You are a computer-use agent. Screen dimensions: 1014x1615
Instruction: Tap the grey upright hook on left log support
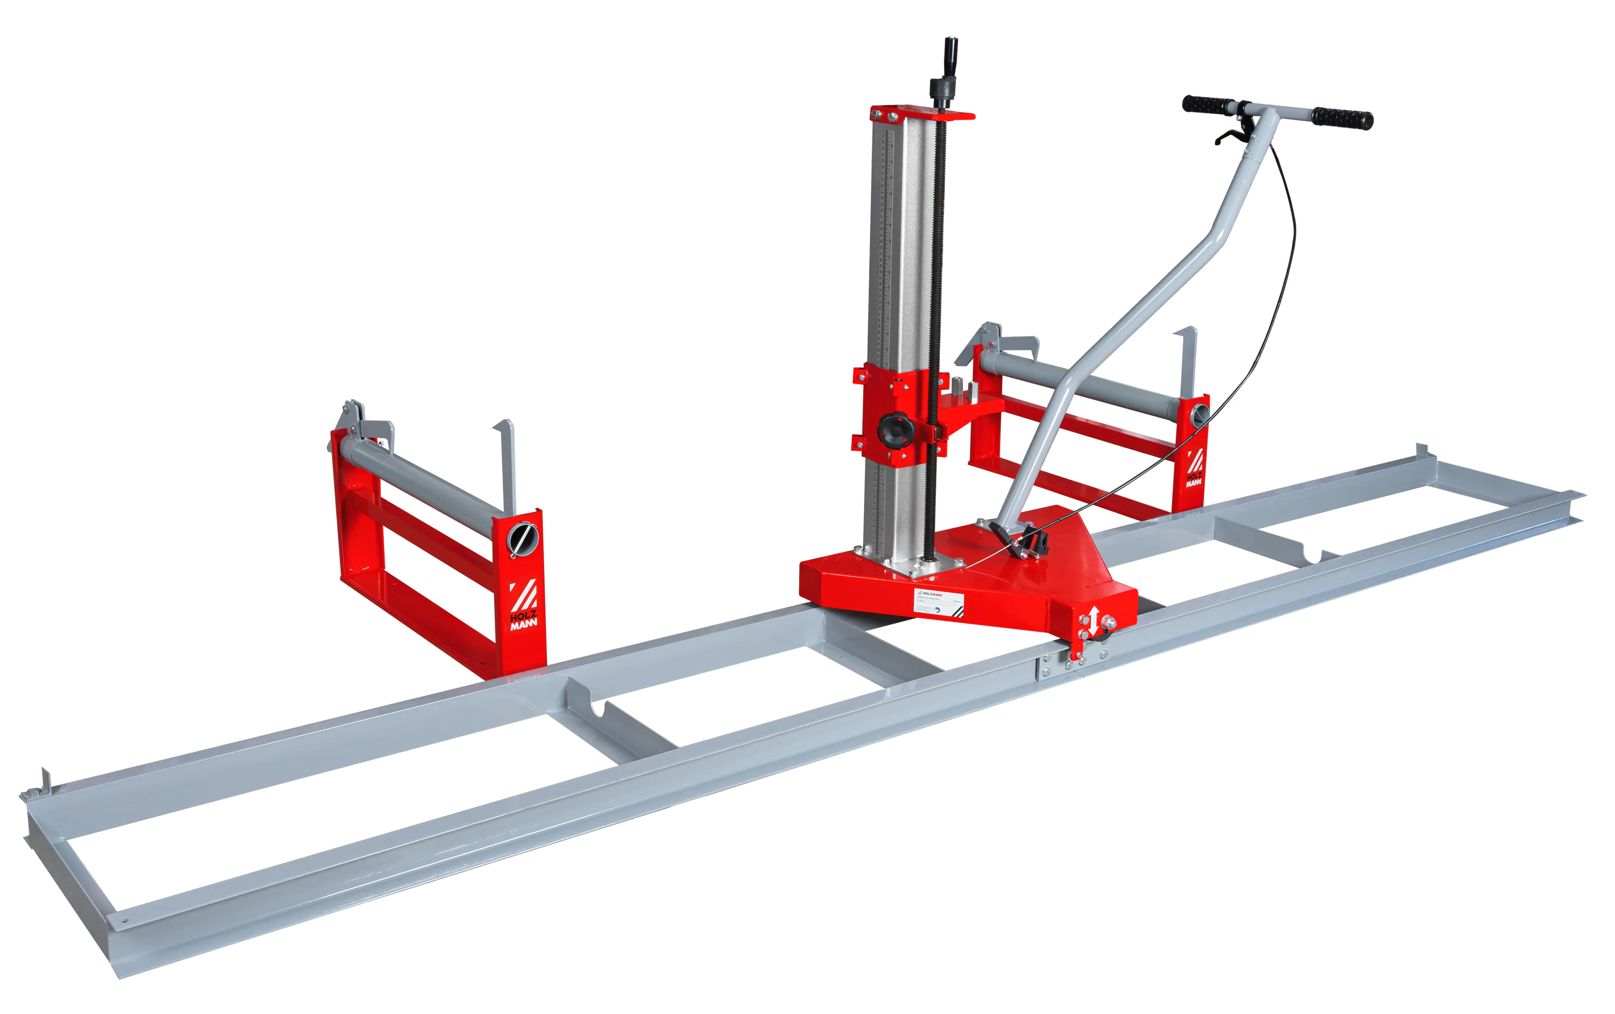click(508, 463)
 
